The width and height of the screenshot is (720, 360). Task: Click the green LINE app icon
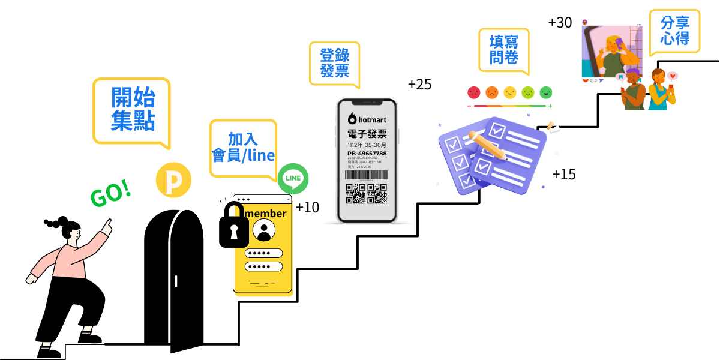[x=293, y=178]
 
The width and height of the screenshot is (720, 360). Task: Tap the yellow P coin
[x=173, y=180]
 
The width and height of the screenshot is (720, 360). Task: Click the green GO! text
[x=110, y=194]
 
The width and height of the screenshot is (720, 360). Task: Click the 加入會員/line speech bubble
[x=243, y=147]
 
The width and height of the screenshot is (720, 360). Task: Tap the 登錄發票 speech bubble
[x=334, y=63]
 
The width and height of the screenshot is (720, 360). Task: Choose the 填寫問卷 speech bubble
[x=503, y=50]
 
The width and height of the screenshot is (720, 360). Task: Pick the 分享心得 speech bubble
[x=674, y=31]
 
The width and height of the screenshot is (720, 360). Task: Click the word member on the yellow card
[x=265, y=214]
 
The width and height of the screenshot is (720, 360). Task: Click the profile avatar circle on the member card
[x=263, y=231]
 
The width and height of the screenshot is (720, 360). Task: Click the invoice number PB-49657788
[x=367, y=154]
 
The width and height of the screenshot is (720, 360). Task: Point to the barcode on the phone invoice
[x=366, y=175]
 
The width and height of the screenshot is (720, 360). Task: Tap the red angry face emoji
[x=474, y=92]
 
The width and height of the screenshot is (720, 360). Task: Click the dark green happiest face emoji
[x=545, y=92]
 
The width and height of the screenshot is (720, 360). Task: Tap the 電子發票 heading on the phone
[x=367, y=133]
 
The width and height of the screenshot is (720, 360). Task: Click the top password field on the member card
[x=263, y=253]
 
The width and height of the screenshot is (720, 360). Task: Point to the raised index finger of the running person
[x=108, y=224]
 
